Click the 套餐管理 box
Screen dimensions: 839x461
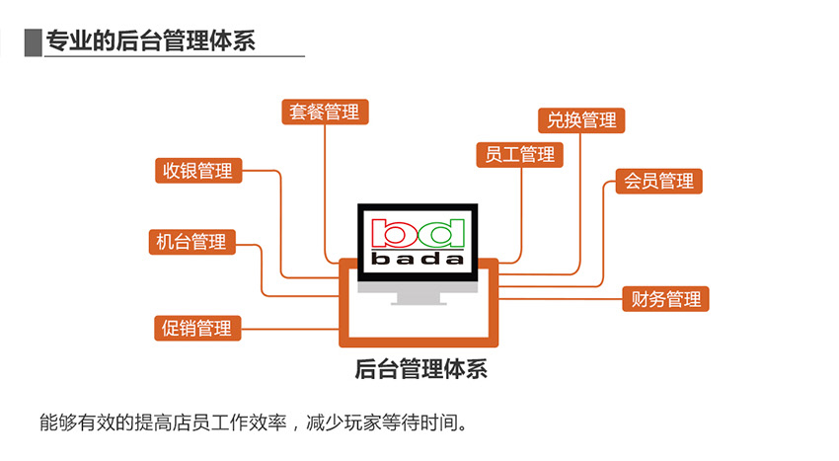tap(325, 112)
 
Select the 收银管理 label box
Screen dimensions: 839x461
tap(198, 171)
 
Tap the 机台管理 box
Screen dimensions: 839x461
tap(192, 242)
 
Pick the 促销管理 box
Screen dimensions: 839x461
tap(197, 328)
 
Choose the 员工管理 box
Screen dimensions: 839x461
tap(519, 155)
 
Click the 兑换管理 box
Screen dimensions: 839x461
tap(581, 120)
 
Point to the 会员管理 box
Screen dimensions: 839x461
tap(658, 181)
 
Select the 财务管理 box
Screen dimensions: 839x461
tap(665, 299)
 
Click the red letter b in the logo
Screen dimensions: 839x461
tap(390, 232)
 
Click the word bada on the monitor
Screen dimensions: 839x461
tap(418, 260)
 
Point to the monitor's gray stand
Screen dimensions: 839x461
tap(418, 298)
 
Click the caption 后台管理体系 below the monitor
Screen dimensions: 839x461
tap(421, 369)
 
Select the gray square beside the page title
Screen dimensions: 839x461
tap(34, 42)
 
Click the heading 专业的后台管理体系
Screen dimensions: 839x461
tap(151, 41)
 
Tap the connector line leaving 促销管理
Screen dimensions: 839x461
tap(290, 328)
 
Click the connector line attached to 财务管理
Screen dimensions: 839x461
tap(561, 299)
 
